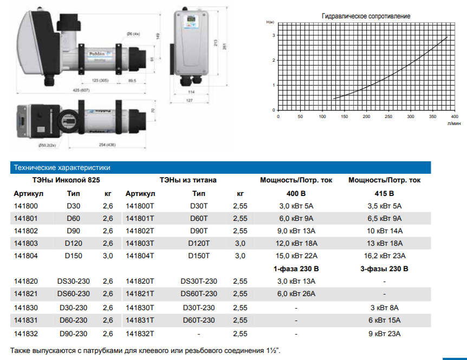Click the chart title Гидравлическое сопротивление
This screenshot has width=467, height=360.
366,16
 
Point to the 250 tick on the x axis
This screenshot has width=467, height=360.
388,116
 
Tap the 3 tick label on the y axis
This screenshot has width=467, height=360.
274,35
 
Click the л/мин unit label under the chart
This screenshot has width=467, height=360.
454,123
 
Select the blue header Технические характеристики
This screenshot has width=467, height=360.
62,167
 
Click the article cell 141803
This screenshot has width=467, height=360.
26,244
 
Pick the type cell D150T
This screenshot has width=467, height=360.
199,256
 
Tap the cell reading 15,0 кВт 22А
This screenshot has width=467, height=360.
296,256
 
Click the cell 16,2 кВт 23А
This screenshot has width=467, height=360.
385,256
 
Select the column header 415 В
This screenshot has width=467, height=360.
384,194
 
